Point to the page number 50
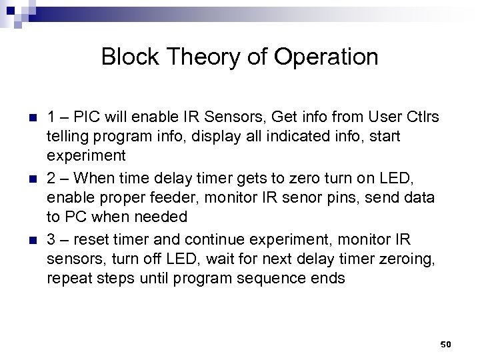[x=446, y=344]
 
